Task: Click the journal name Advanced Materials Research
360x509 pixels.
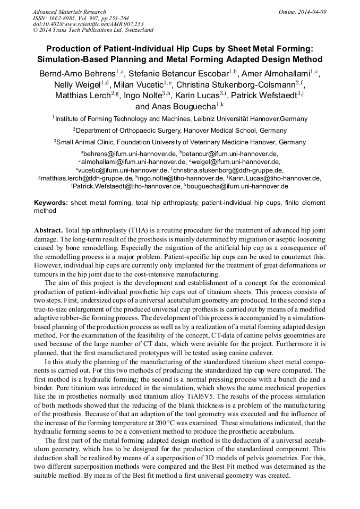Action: (69, 12)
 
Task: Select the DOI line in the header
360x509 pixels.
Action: (88, 24)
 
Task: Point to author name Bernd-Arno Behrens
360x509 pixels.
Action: (77, 73)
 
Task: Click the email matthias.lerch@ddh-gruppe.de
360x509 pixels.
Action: (88, 178)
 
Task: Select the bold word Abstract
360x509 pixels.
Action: (49, 231)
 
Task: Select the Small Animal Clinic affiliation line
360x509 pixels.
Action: (179, 142)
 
